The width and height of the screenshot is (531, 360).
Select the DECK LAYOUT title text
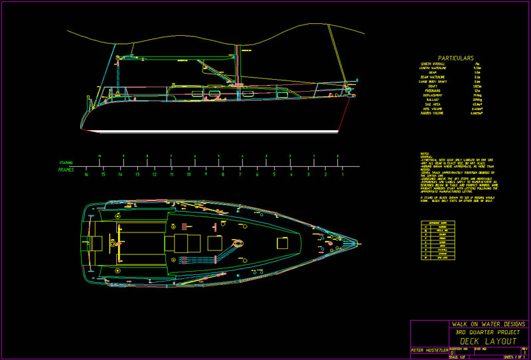(x=488, y=341)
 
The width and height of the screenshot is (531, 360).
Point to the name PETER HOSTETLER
(x=429, y=350)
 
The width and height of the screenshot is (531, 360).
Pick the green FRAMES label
(x=66, y=170)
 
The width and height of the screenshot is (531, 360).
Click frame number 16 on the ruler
(x=86, y=175)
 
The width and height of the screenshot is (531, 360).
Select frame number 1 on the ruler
(x=342, y=175)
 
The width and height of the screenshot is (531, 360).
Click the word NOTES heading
(x=425, y=154)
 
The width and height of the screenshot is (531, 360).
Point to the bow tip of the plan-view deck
(x=359, y=242)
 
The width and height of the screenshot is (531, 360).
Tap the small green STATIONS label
(x=66, y=162)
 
